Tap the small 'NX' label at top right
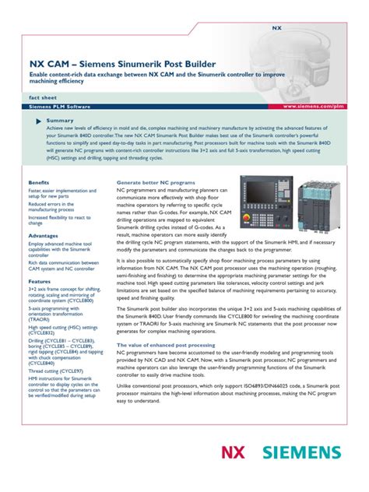pyautogui.click(x=276, y=27)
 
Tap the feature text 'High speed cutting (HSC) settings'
pyautogui.click(x=62, y=329)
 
